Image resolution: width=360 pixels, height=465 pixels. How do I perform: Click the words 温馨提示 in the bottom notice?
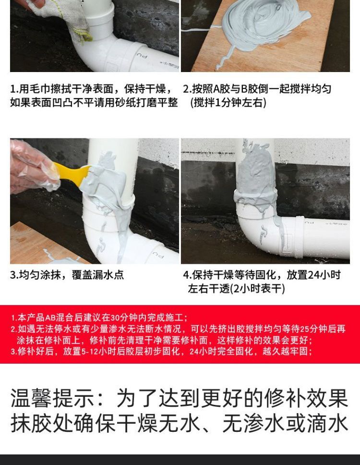coord(52,398)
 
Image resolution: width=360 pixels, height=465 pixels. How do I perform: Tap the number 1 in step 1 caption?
coord(13,89)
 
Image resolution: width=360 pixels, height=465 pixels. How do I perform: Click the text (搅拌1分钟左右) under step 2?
coord(228,103)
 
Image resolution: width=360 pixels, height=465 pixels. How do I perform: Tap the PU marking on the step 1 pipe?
coord(142,55)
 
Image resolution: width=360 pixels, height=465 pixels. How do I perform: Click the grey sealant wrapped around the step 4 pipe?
coord(255,178)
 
